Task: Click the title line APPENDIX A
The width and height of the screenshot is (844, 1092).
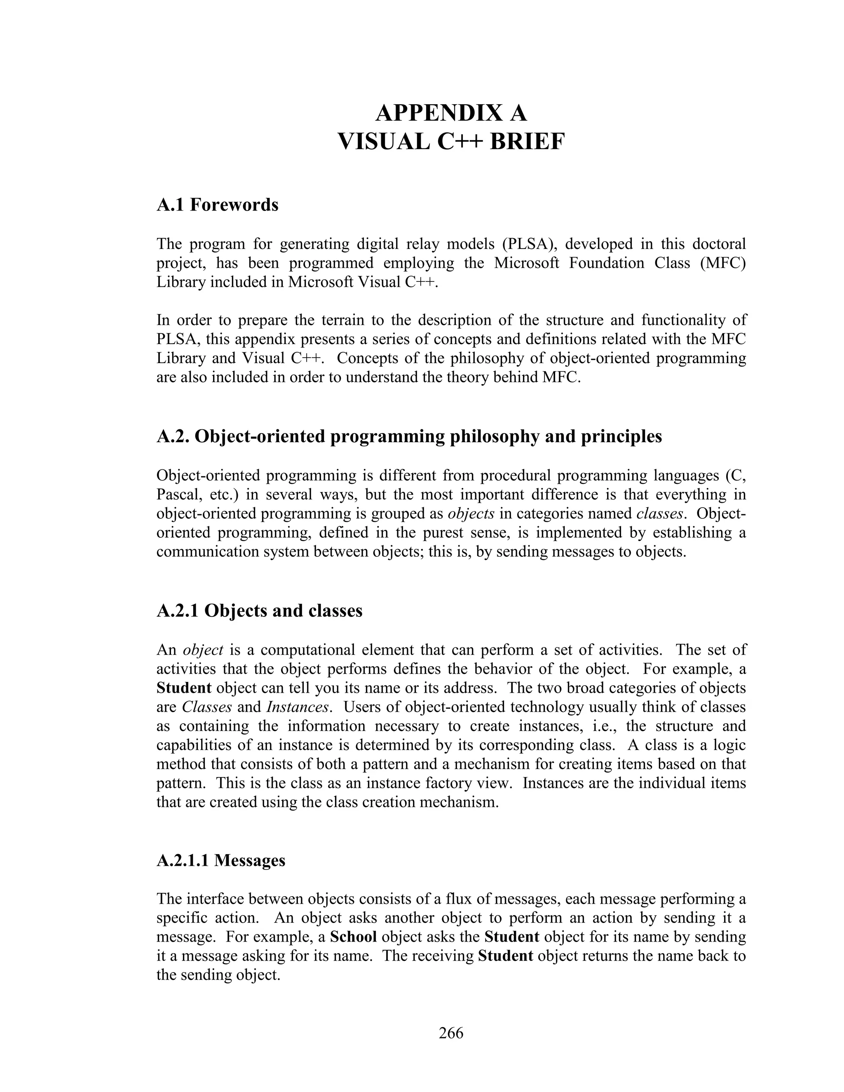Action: pyautogui.click(x=451, y=113)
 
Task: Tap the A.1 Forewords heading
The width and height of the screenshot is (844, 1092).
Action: pyautogui.click(x=218, y=205)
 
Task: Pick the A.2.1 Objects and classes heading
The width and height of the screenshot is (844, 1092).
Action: pyautogui.click(x=260, y=611)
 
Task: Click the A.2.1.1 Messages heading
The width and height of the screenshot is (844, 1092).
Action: pyautogui.click(x=220, y=860)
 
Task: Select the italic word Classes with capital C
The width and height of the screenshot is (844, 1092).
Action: pyautogui.click(x=206, y=707)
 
